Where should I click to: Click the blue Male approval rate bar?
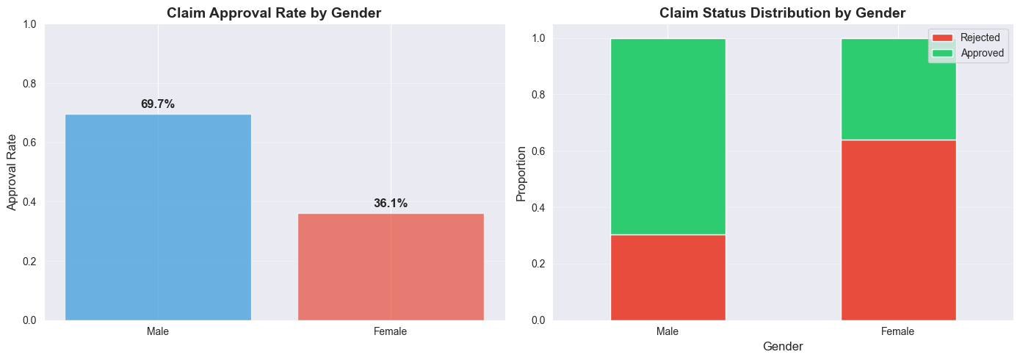158,217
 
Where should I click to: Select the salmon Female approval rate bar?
391,267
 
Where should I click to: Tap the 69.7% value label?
158,104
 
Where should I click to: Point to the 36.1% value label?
391,204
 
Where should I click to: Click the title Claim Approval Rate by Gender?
274,12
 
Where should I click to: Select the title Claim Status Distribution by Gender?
783,12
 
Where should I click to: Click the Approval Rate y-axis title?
12,172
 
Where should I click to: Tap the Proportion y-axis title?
521,173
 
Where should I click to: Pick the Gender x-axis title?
783,346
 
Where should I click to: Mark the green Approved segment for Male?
668,137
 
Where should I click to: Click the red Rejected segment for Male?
668,277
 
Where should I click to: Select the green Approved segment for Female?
898,89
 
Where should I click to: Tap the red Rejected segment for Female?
898,230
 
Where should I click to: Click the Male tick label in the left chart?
158,332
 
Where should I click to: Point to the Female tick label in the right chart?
898,332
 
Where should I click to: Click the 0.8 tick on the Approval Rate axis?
28,84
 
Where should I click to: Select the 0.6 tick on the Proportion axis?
538,151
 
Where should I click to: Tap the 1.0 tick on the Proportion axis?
538,38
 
